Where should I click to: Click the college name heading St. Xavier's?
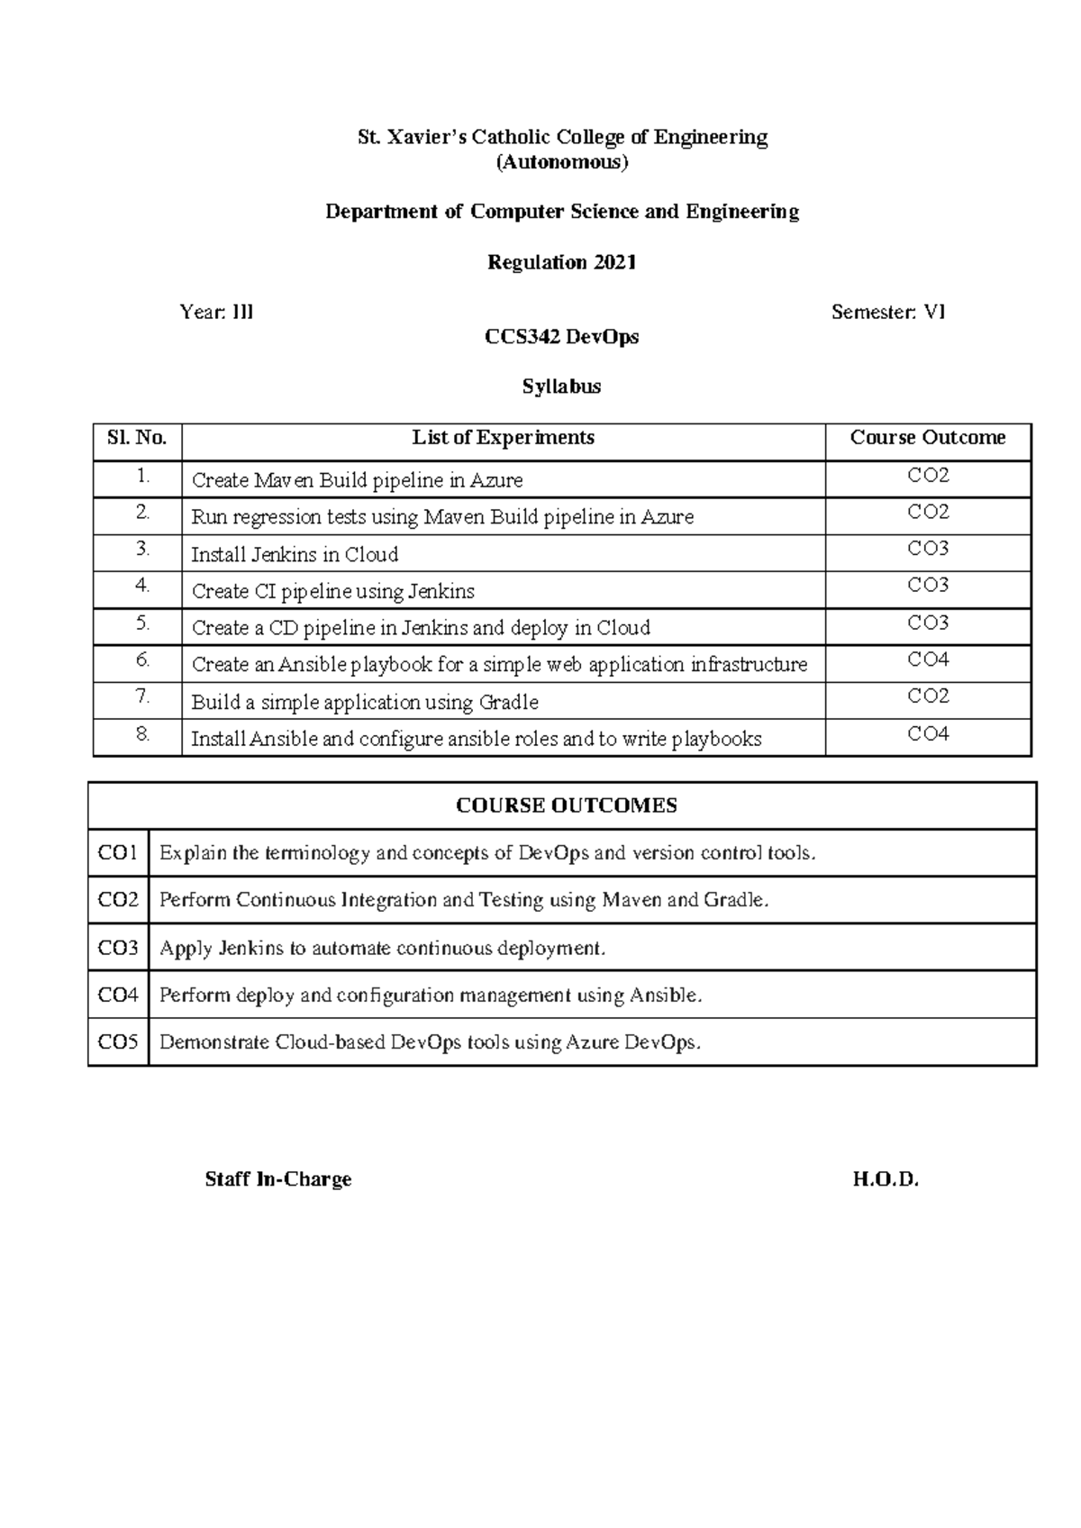coord(562,137)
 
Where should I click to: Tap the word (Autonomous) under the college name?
coord(562,162)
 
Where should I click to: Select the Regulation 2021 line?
coord(562,262)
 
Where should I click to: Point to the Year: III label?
coord(216,312)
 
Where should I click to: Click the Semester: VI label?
coord(888,312)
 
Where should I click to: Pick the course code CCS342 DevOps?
coord(562,337)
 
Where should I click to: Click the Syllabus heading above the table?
coord(562,387)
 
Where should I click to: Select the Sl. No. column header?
coord(137,439)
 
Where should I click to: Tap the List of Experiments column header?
coord(503,438)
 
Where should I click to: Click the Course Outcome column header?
coord(928,438)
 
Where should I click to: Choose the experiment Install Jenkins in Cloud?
coord(295,554)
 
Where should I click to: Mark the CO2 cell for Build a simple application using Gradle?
coord(928,696)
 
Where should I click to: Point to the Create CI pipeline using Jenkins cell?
coord(332,591)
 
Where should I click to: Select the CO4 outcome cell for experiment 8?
coord(928,734)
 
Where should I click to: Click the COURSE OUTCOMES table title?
coord(566,805)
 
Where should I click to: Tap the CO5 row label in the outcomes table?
coord(118,1042)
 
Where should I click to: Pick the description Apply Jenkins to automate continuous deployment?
coord(382,948)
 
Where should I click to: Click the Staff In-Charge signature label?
coord(278,1179)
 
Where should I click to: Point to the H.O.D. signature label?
coord(886,1179)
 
